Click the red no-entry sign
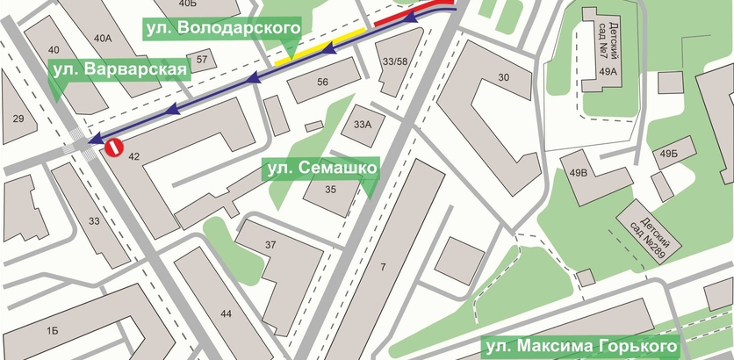[113, 147]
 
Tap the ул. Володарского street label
[221, 29]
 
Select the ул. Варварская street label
[119, 69]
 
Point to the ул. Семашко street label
[320, 166]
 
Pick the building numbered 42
[133, 156]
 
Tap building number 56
[322, 82]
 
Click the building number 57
[202, 60]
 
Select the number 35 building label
[331, 190]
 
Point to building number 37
[271, 244]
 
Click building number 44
[227, 313]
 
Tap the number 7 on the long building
[384, 266]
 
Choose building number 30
[504, 78]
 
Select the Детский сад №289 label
[651, 230]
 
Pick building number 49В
[579, 173]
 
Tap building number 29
[17, 117]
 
